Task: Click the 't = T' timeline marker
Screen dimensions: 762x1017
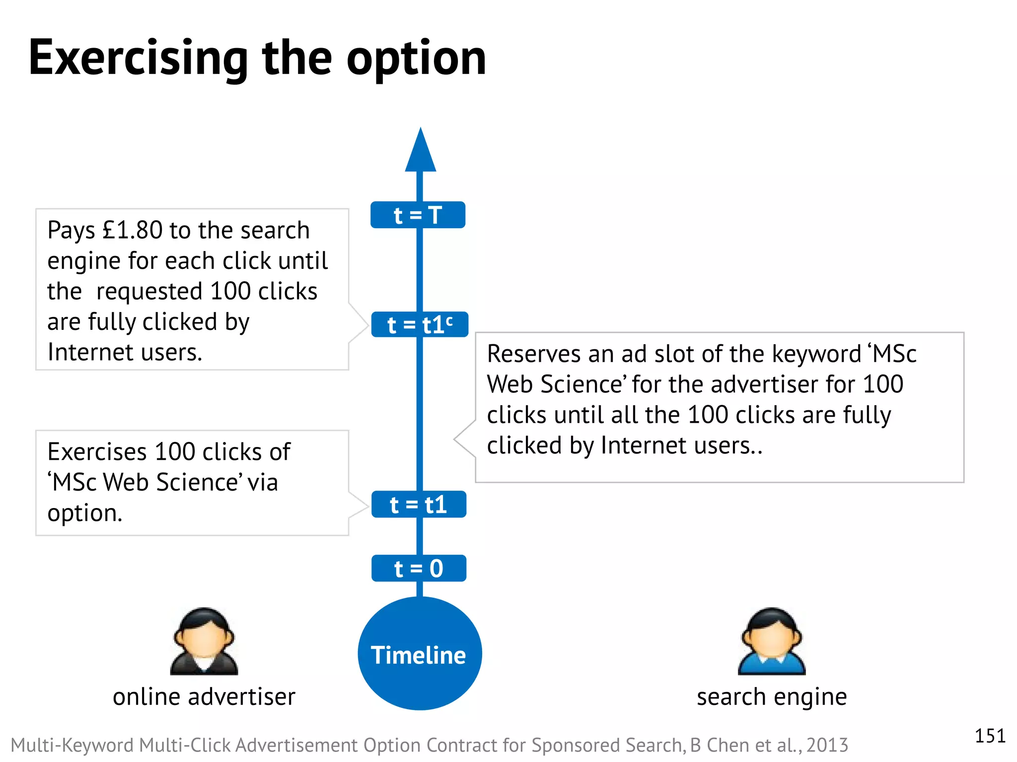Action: pyautogui.click(x=418, y=215)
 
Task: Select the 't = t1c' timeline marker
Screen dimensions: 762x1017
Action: pyautogui.click(x=420, y=325)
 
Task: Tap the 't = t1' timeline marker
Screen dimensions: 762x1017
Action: pyautogui.click(x=419, y=505)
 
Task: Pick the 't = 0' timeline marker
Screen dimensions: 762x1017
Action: pyautogui.click(x=419, y=569)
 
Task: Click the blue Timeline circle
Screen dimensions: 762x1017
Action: pyautogui.click(x=420, y=654)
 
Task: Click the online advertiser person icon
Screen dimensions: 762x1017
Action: pyautogui.click(x=204, y=641)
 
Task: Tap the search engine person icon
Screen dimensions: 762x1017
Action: pyautogui.click(x=771, y=641)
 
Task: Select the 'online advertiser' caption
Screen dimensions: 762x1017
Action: pyautogui.click(x=204, y=697)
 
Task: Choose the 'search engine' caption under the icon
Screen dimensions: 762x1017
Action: pyautogui.click(x=772, y=697)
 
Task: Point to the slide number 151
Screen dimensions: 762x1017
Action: pyautogui.click(x=990, y=736)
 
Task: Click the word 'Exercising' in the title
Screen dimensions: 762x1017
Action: pyautogui.click(x=138, y=59)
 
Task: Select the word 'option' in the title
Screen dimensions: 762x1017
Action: pyautogui.click(x=416, y=59)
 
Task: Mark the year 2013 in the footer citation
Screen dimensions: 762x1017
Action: pyautogui.click(x=827, y=745)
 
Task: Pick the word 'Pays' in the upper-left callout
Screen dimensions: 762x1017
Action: pyautogui.click(x=71, y=230)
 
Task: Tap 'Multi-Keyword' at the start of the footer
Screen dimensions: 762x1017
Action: pyautogui.click(x=72, y=745)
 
